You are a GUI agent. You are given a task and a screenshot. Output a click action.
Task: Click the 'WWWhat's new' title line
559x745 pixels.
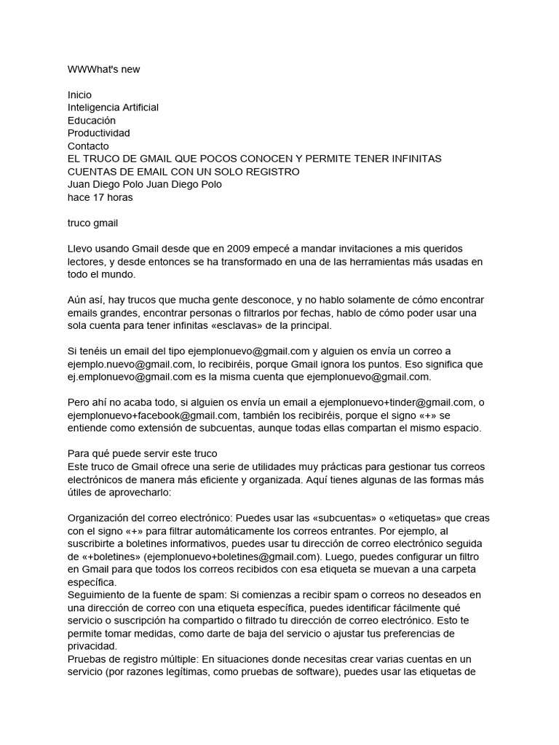click(103, 69)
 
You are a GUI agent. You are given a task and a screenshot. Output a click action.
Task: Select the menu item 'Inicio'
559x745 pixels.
click(79, 95)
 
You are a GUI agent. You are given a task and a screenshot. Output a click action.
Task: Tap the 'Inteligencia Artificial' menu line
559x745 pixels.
click(113, 108)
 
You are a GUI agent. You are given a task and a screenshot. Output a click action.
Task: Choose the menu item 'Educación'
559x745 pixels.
click(92, 120)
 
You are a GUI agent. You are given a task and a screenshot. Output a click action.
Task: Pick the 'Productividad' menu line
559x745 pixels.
click(99, 133)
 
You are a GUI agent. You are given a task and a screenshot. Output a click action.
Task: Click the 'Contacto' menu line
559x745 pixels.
click(88, 146)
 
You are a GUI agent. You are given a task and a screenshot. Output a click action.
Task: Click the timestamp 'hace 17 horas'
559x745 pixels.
click(100, 197)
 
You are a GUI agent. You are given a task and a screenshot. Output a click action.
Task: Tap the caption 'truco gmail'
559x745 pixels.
click(92, 223)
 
